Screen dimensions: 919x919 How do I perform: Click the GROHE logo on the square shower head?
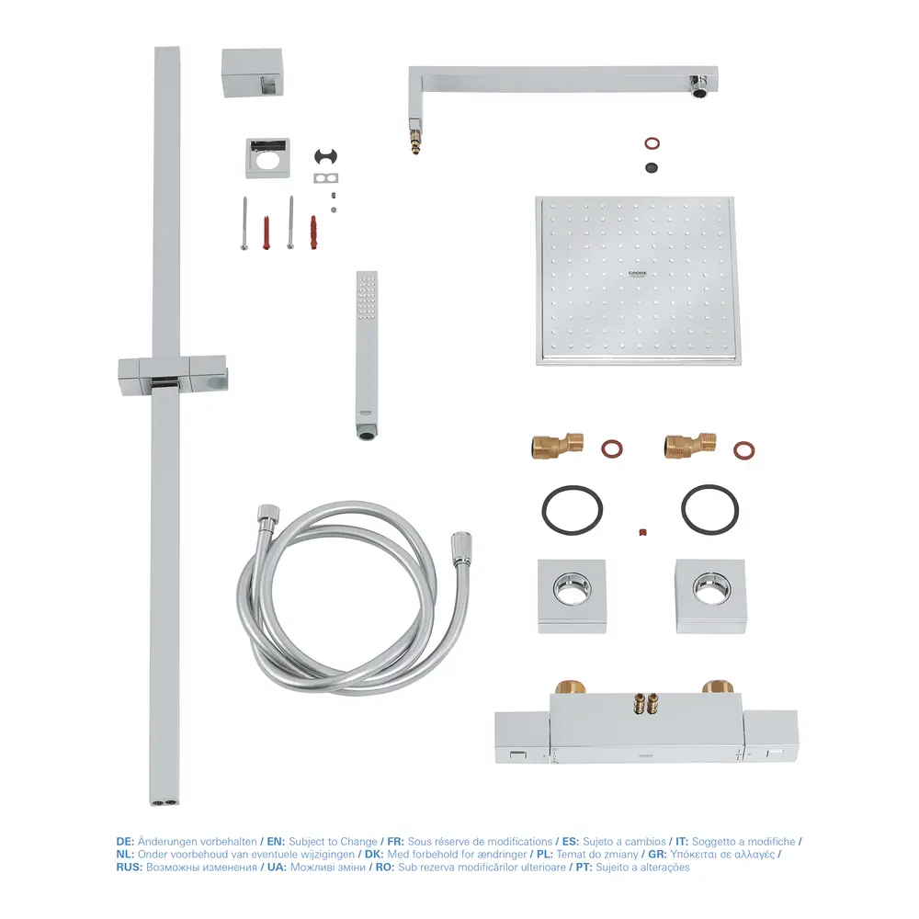coord(637,274)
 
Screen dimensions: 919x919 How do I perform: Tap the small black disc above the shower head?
coord(652,167)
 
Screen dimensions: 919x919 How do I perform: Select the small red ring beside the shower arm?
coord(652,143)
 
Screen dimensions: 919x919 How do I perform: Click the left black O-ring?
coord(572,510)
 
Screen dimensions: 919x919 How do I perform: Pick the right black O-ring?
coord(709,510)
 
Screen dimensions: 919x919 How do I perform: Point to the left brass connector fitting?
coord(558,446)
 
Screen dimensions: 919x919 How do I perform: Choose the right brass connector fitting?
coord(690,446)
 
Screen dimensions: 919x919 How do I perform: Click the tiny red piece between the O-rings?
coord(642,532)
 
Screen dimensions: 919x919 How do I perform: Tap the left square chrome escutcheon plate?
coord(572,596)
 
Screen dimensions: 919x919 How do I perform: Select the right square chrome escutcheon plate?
coord(710,596)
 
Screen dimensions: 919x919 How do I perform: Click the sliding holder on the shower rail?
coord(173,375)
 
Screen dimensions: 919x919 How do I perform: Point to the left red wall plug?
coord(267,233)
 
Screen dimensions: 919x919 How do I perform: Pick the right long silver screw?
coord(290,222)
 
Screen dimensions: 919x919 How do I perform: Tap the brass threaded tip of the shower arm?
coord(415,141)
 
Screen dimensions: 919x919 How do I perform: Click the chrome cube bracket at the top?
coord(253,73)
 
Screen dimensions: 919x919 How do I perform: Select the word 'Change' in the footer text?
coord(358,842)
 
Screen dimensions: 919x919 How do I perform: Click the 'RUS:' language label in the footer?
coord(130,868)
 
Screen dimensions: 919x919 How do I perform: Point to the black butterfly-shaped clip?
coord(326,156)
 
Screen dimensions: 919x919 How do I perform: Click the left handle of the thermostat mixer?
coord(522,737)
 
